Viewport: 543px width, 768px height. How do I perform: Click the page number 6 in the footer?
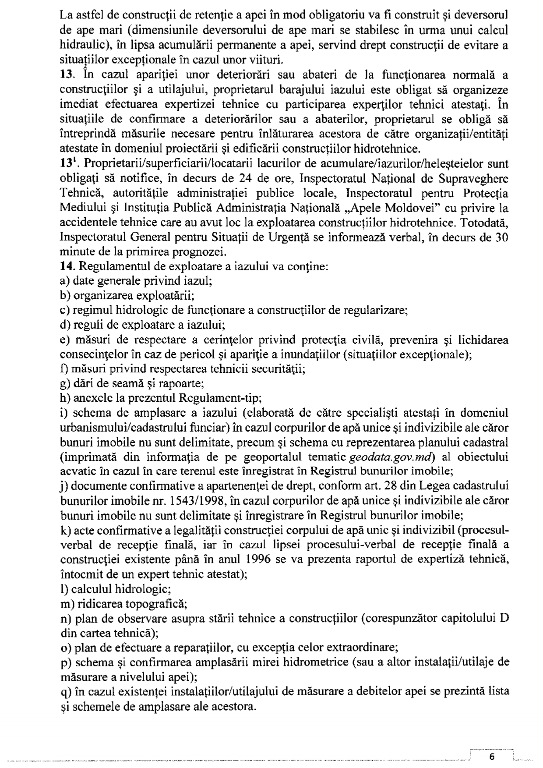(491, 757)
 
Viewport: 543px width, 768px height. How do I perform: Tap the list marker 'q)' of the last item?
(65, 692)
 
